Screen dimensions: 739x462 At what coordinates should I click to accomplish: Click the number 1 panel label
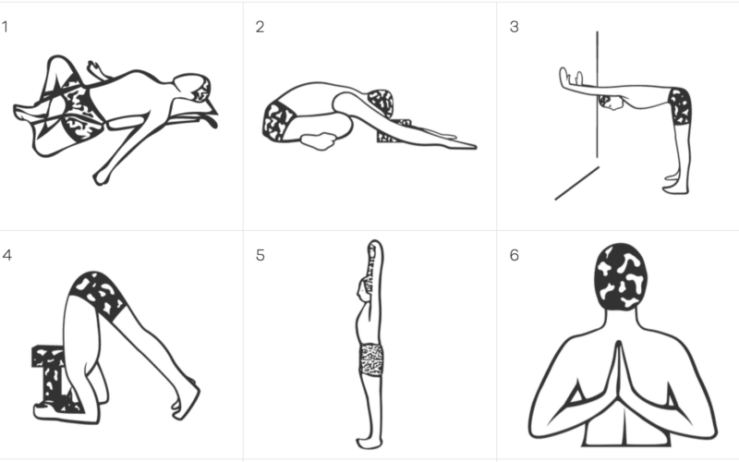(x=5, y=27)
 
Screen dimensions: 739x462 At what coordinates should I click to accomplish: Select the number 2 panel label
(x=260, y=27)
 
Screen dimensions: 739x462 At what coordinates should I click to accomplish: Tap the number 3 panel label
(x=515, y=27)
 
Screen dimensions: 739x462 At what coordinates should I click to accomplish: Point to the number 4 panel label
(x=6, y=255)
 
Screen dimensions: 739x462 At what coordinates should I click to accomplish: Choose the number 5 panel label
(x=260, y=255)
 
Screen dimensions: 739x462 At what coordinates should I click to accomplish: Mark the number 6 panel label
(x=515, y=255)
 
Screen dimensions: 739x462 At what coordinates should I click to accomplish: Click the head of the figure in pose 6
(x=620, y=276)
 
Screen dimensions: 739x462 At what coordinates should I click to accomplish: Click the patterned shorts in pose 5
(x=371, y=359)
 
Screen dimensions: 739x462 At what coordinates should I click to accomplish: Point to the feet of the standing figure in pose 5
(x=369, y=443)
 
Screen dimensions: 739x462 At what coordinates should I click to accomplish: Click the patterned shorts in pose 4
(x=98, y=295)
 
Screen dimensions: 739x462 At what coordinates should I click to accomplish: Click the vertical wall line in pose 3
(x=597, y=94)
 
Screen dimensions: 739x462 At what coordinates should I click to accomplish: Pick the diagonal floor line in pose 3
(x=576, y=183)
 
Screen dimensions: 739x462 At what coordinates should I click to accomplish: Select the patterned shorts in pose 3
(x=680, y=106)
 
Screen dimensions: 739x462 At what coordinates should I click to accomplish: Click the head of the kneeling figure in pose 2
(x=381, y=103)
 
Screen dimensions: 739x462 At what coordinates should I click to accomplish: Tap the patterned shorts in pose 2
(x=278, y=122)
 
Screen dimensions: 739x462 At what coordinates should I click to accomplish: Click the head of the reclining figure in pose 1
(x=193, y=87)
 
